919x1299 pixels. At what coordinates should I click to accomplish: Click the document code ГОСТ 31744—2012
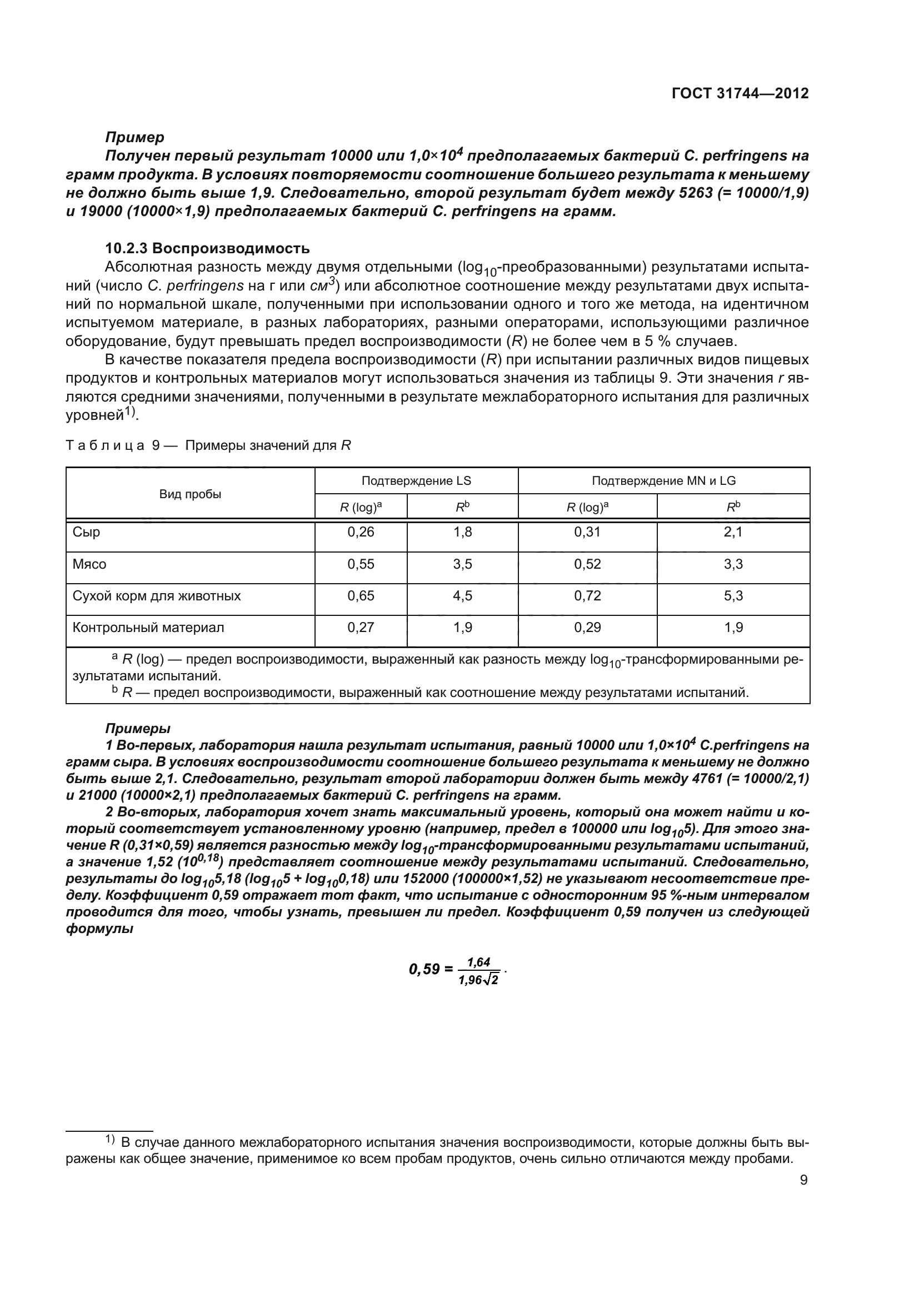(740, 93)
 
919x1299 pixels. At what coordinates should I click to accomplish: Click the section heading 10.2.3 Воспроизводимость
(207, 248)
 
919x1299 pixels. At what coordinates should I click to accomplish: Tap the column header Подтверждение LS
(416, 481)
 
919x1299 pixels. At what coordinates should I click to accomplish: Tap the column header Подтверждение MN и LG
(663, 481)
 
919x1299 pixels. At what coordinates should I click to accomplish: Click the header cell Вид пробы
(190, 494)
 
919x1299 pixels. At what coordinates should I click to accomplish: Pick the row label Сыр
(87, 532)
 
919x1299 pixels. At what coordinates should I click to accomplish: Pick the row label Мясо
(89, 564)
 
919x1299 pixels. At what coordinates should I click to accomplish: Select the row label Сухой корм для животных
(157, 596)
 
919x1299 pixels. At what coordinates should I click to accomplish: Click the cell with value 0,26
(361, 532)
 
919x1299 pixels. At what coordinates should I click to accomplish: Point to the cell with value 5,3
(733, 596)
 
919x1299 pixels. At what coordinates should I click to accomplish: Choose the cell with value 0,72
(587, 596)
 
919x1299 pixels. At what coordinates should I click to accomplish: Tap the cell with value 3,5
(462, 564)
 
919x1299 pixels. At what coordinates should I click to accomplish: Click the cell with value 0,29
(587, 628)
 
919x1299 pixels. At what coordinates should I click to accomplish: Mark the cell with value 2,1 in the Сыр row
(733, 532)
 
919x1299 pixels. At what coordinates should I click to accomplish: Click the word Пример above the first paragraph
(134, 137)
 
